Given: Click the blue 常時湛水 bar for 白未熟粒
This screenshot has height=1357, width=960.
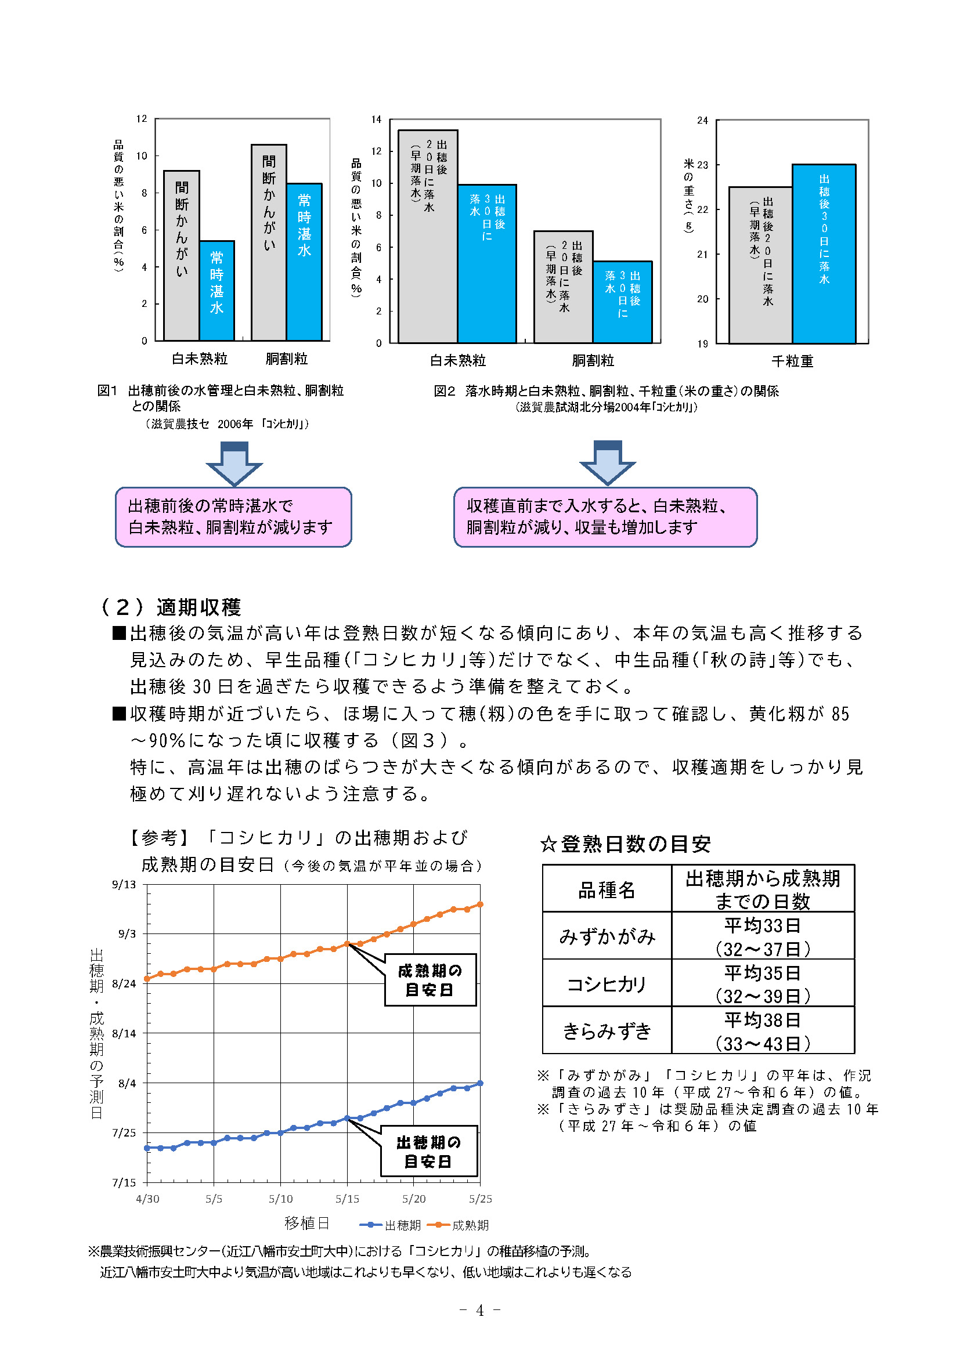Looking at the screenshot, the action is pos(217,290).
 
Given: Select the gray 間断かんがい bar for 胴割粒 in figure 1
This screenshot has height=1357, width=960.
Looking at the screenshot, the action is pos(269,243).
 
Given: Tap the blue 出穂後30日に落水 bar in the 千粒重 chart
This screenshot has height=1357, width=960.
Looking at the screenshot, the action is pos(824,254).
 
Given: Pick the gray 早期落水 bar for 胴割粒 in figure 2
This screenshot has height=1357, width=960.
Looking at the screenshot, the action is pos(564,287).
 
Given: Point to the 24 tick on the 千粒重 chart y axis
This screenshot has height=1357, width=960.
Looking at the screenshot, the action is pos(702,120).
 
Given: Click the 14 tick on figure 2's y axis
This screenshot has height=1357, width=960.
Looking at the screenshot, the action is pos(377,120).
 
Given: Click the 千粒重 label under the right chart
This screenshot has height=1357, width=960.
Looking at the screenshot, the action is pos(793,361).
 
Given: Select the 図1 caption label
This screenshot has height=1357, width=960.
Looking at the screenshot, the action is pos(107,390).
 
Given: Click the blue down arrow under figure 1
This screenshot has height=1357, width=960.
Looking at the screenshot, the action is pos(234,464).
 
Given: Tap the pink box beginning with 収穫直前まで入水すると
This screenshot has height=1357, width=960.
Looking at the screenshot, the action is pos(605,517).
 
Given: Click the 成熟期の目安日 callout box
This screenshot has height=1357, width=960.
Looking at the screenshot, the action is pos(430,979).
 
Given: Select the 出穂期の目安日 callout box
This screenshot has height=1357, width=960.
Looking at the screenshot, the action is pos(428,1150).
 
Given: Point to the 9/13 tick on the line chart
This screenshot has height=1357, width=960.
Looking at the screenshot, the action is pos(124,885).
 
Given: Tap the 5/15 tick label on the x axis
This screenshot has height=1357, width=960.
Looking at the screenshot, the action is pos(347,1199).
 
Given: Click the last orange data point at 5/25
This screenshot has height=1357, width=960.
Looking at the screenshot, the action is pos(481,904).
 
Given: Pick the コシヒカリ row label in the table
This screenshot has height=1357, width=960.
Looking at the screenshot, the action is pos(607,984).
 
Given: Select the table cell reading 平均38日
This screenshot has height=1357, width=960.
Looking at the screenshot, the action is pos(763,1021).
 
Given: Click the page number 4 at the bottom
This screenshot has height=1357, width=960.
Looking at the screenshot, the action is pos(480,1311).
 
